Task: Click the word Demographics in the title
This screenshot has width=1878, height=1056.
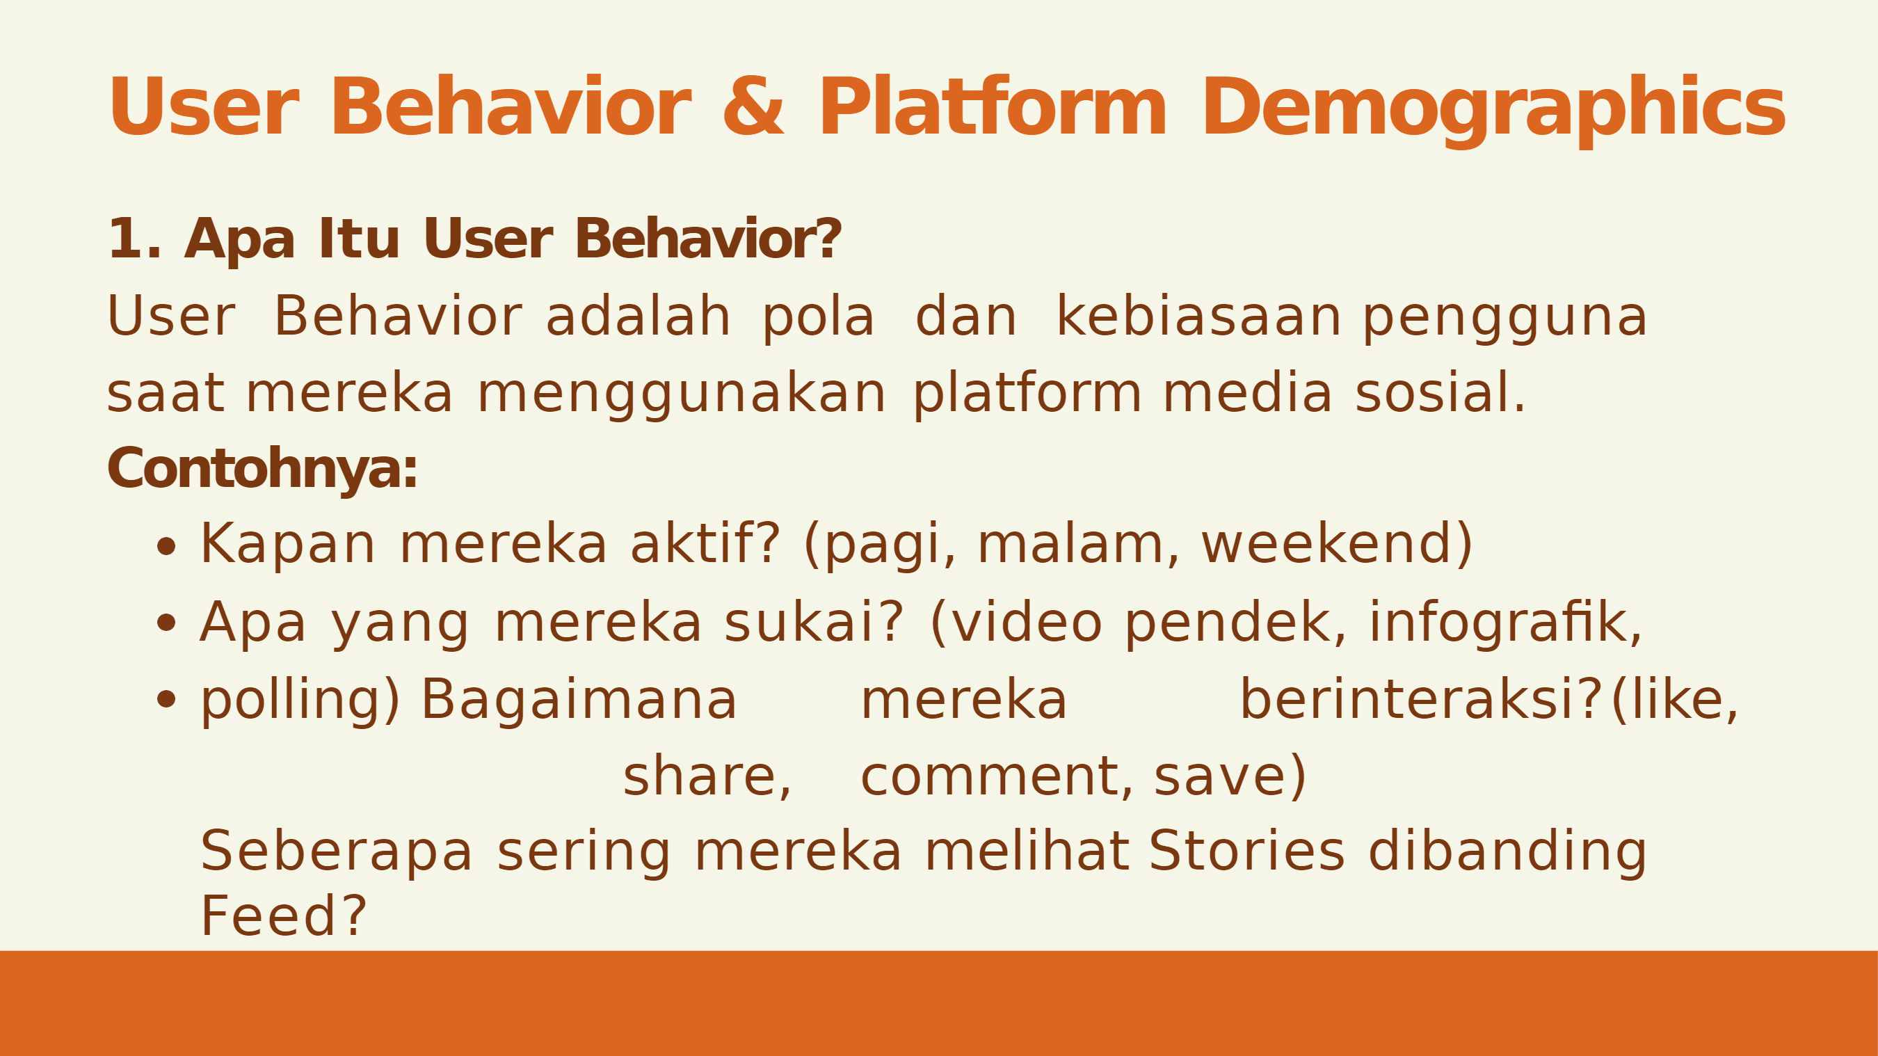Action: pos(1494,109)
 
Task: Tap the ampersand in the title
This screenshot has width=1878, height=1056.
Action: pos(754,106)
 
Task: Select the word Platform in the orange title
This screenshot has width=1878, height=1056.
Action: pos(994,106)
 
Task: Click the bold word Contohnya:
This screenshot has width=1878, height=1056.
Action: pos(262,468)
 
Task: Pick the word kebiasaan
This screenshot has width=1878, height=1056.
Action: pos(1198,317)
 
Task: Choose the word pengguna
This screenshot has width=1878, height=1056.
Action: pos(1504,321)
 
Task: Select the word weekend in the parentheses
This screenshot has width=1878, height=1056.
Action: pos(1329,544)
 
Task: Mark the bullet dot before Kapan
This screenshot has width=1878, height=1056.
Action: pos(166,546)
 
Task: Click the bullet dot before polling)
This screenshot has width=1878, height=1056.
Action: pos(166,699)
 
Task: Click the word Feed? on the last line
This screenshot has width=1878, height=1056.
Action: pos(283,916)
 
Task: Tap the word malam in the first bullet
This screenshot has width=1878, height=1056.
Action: pos(1071,544)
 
